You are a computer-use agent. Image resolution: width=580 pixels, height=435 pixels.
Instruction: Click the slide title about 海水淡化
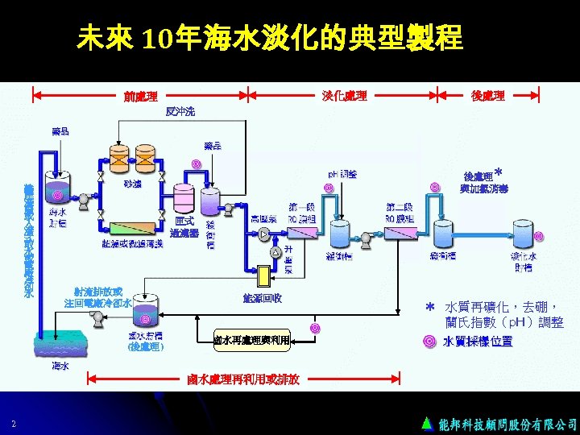click(x=271, y=38)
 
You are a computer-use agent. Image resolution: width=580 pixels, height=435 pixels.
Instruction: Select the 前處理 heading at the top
click(x=140, y=96)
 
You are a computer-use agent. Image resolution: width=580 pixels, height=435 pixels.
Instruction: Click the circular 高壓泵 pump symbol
click(x=266, y=234)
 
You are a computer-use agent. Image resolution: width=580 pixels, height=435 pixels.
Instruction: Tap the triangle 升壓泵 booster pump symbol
click(x=276, y=252)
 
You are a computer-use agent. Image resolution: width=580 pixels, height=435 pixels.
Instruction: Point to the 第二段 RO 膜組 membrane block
click(x=400, y=232)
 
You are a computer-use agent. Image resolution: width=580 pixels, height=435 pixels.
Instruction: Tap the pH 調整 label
click(x=343, y=173)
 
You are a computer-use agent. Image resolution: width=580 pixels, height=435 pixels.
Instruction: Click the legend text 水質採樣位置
click(x=478, y=341)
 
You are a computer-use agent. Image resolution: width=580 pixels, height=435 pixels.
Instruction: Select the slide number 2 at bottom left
click(x=14, y=424)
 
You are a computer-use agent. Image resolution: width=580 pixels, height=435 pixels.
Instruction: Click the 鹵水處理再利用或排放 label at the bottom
click(x=243, y=379)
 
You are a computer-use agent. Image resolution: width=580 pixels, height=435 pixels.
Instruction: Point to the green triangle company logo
click(x=427, y=423)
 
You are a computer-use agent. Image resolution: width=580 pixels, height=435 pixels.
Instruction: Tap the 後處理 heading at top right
click(x=487, y=96)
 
